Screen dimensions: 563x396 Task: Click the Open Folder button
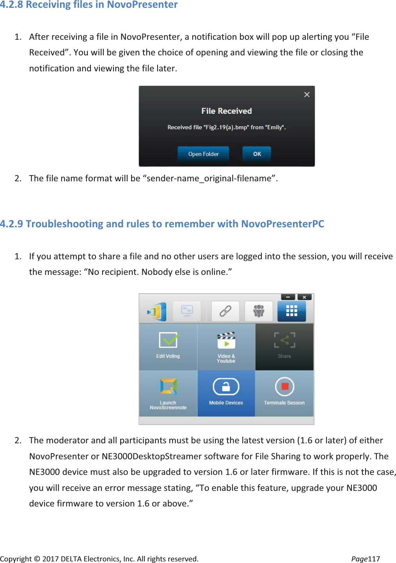203,154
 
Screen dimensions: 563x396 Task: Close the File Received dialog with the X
307,95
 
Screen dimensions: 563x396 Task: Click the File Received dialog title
226,111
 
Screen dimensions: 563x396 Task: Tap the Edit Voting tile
168,346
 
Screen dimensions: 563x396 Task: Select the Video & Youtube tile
226,347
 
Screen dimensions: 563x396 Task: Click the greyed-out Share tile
284,346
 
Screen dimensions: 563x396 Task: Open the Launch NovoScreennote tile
168,393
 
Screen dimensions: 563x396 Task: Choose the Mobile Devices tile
226,393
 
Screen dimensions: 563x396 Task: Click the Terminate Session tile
284,393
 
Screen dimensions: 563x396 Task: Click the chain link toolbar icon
226,311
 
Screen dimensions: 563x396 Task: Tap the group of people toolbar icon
259,311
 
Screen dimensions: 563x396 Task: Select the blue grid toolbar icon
291,311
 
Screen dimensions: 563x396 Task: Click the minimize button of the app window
288,297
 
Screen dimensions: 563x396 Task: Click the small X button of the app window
304,297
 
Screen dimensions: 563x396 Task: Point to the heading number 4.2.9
11,224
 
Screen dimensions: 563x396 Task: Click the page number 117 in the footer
374,559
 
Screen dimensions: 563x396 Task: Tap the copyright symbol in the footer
37,559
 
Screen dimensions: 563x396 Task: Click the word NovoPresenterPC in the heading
282,224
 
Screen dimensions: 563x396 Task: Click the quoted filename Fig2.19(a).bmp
226,127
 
